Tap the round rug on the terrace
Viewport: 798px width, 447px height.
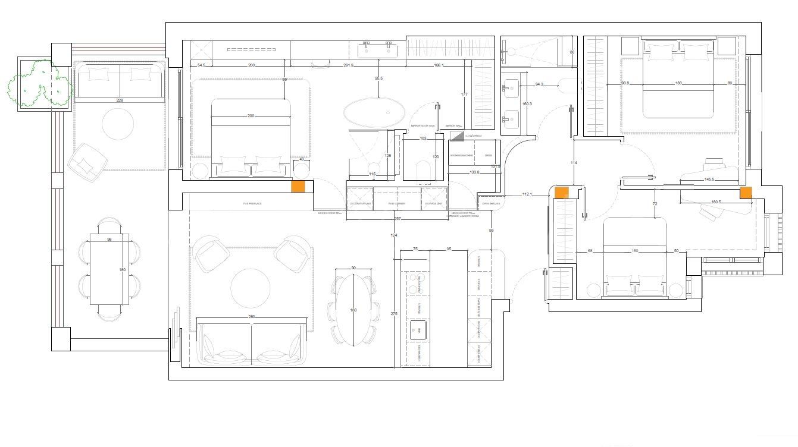(118, 124)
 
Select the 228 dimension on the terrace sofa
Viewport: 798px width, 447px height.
(120, 100)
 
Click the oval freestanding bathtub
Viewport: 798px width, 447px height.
(374, 113)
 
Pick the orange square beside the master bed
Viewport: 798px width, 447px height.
(298, 186)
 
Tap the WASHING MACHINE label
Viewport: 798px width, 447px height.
(462, 156)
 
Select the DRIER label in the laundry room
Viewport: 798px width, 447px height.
(489, 156)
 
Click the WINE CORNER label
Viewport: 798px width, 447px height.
(396, 204)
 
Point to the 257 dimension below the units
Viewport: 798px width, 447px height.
(398, 219)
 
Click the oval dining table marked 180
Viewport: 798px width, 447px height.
(353, 309)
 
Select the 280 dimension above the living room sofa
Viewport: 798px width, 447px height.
(252, 317)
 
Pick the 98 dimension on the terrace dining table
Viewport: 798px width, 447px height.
(109, 239)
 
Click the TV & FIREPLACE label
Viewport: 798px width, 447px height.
(252, 204)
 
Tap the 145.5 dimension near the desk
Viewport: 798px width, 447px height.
(709, 179)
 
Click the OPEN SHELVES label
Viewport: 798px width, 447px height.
(491, 204)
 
